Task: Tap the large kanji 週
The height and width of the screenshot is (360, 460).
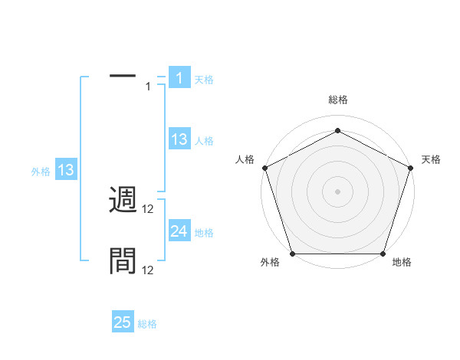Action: click(x=123, y=201)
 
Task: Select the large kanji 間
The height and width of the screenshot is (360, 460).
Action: click(x=123, y=261)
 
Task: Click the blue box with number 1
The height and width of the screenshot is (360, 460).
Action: click(x=179, y=78)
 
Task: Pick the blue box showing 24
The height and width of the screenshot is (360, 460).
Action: click(x=179, y=231)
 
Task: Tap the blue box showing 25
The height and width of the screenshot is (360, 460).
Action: click(x=123, y=322)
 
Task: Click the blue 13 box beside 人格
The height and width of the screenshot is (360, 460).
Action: click(x=179, y=139)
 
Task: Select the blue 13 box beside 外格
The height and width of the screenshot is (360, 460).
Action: click(x=66, y=170)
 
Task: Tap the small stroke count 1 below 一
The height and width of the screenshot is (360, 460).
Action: click(x=148, y=87)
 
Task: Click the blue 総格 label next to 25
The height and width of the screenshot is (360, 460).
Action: click(x=148, y=324)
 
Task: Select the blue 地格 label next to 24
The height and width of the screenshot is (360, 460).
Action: click(x=205, y=232)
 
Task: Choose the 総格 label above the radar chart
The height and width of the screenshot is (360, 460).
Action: click(x=337, y=100)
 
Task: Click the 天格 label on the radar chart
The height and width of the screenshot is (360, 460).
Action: click(x=432, y=159)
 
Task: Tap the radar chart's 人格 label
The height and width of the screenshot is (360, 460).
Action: click(x=245, y=159)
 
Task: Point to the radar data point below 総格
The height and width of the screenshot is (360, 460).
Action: click(x=337, y=130)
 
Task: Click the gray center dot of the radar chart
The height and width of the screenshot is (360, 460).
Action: click(x=337, y=191)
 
